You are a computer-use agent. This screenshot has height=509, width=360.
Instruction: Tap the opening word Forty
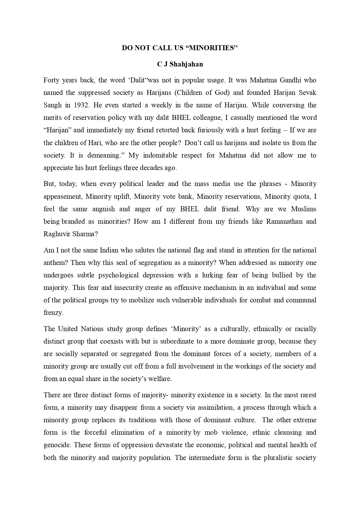pos(51,80)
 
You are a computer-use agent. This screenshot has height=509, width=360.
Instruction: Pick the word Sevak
pos(308,93)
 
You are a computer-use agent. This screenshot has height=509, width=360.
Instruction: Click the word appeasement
pos(62,197)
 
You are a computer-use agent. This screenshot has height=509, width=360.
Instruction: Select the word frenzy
pos(53,313)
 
